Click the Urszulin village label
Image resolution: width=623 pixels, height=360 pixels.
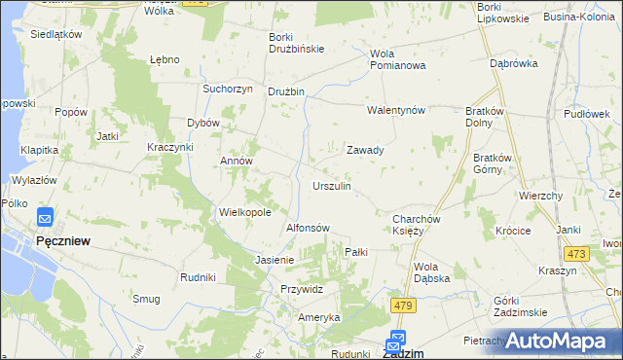pos(331,185)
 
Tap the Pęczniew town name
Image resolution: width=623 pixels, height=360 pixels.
pos(63,240)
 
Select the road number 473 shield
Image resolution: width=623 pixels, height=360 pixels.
pos(576,254)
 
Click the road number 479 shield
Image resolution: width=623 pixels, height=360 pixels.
pos(404,306)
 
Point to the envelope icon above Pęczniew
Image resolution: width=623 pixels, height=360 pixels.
pos(45,218)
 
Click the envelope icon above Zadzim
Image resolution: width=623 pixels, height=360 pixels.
pos(396,340)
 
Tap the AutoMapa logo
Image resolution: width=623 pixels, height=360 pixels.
pos(561,341)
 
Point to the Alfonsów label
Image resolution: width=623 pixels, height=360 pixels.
pos(308,228)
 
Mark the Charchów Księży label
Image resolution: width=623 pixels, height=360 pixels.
pos(419,226)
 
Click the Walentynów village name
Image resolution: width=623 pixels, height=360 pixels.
pos(396,110)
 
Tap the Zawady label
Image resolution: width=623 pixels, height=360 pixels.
pos(365,151)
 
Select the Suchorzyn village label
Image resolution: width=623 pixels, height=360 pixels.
pos(227,89)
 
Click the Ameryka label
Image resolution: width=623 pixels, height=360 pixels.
pos(318,318)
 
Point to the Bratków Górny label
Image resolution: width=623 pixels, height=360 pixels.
pos(494,163)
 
